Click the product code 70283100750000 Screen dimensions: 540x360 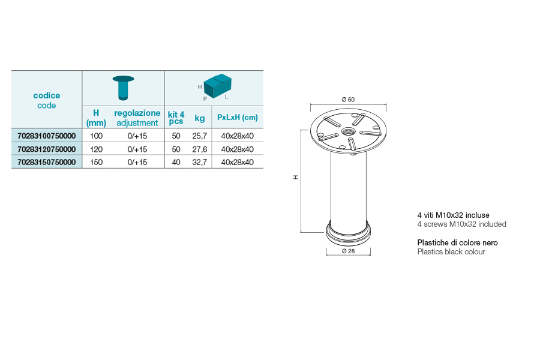pyautogui.click(x=46, y=136)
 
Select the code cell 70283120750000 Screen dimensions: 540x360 pyautogui.click(x=46, y=149)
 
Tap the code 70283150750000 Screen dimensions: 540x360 pyautogui.click(x=46, y=162)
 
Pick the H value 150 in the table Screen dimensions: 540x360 pyautogui.click(x=96, y=162)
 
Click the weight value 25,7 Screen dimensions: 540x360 pyautogui.click(x=200, y=136)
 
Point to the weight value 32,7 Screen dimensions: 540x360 pyautogui.click(x=200, y=162)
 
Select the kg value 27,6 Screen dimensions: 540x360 pyautogui.click(x=200, y=149)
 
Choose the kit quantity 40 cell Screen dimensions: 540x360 pyautogui.click(x=176, y=162)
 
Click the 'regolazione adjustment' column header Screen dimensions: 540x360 pyautogui.click(x=137, y=118)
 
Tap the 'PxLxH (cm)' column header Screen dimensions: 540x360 pyautogui.click(x=238, y=117)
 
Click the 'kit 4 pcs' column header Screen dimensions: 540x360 pyautogui.click(x=176, y=118)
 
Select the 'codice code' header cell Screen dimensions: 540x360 pyautogui.click(x=46, y=100)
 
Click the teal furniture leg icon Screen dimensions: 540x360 pyautogui.click(x=123, y=88)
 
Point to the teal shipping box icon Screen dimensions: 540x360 pyautogui.click(x=217, y=86)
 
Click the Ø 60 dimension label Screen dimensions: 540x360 pyautogui.click(x=348, y=100)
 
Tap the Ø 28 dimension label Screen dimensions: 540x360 pyautogui.click(x=348, y=251)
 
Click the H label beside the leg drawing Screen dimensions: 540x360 pyautogui.click(x=295, y=177)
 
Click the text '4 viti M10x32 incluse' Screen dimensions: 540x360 pyautogui.click(x=453, y=215)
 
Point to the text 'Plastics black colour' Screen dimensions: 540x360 pyautogui.click(x=451, y=251)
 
